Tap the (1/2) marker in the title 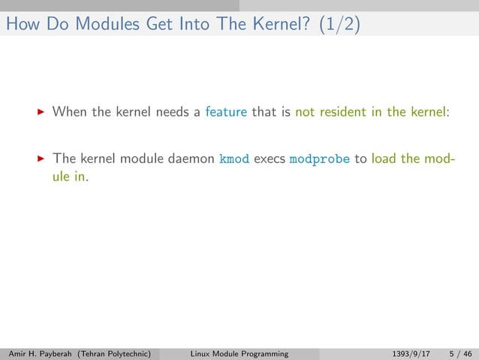[339, 24]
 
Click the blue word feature [226, 112]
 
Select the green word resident [340, 112]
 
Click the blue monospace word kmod [233, 159]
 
